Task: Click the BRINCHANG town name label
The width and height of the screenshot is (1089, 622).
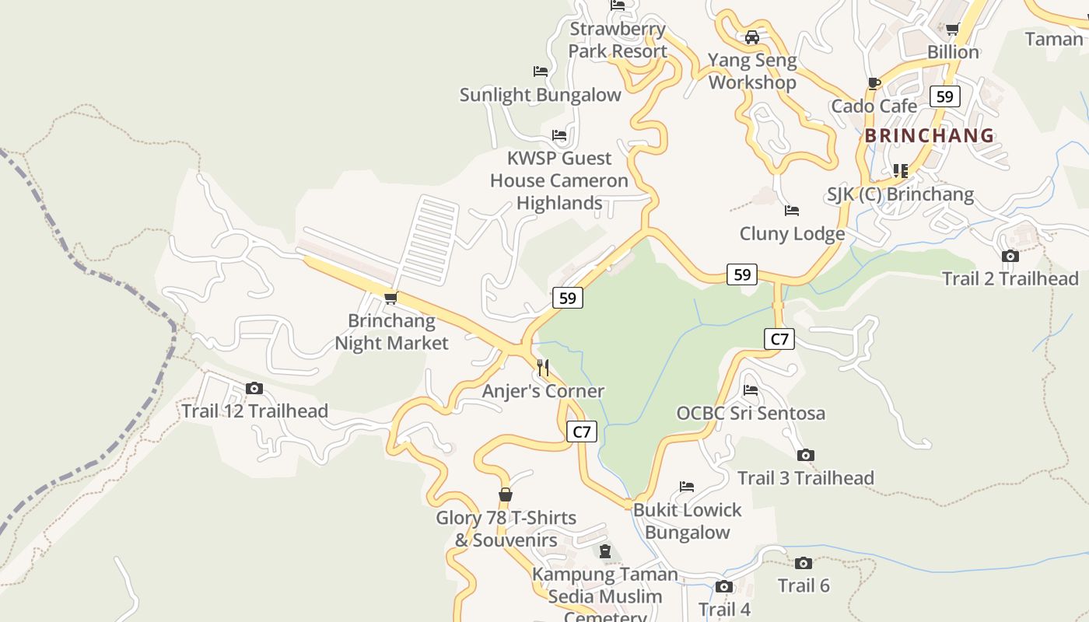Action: (930, 135)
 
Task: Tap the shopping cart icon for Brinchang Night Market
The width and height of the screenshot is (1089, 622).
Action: (391, 298)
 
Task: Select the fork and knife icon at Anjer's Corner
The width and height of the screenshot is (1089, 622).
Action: (543, 368)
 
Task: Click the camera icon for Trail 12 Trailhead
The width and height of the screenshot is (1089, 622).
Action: (254, 388)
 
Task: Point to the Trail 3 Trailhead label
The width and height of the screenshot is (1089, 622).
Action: (805, 477)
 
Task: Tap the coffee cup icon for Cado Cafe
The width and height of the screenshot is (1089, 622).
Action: (874, 83)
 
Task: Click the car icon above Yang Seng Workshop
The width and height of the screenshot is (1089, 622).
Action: (752, 37)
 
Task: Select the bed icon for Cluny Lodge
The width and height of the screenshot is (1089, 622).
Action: (792, 211)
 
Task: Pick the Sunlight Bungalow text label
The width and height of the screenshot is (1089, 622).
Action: (540, 95)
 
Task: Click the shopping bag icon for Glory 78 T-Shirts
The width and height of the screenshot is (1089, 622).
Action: (506, 495)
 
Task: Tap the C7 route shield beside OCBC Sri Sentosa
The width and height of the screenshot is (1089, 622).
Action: (779, 339)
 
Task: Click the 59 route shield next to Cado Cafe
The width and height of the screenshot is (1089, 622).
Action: (944, 96)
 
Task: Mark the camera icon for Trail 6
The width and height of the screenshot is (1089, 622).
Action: (804, 563)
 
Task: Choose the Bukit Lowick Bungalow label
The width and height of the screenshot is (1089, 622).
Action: (688, 521)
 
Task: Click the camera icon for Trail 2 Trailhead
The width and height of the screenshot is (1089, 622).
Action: (1010, 256)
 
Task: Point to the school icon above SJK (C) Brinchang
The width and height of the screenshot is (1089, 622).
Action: (901, 170)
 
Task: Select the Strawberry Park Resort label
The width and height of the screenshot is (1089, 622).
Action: (618, 40)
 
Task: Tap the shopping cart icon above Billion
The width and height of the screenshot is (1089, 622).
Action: (952, 30)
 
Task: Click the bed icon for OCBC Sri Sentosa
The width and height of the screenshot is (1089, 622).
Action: (751, 390)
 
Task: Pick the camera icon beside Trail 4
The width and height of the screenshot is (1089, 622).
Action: (724, 587)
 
